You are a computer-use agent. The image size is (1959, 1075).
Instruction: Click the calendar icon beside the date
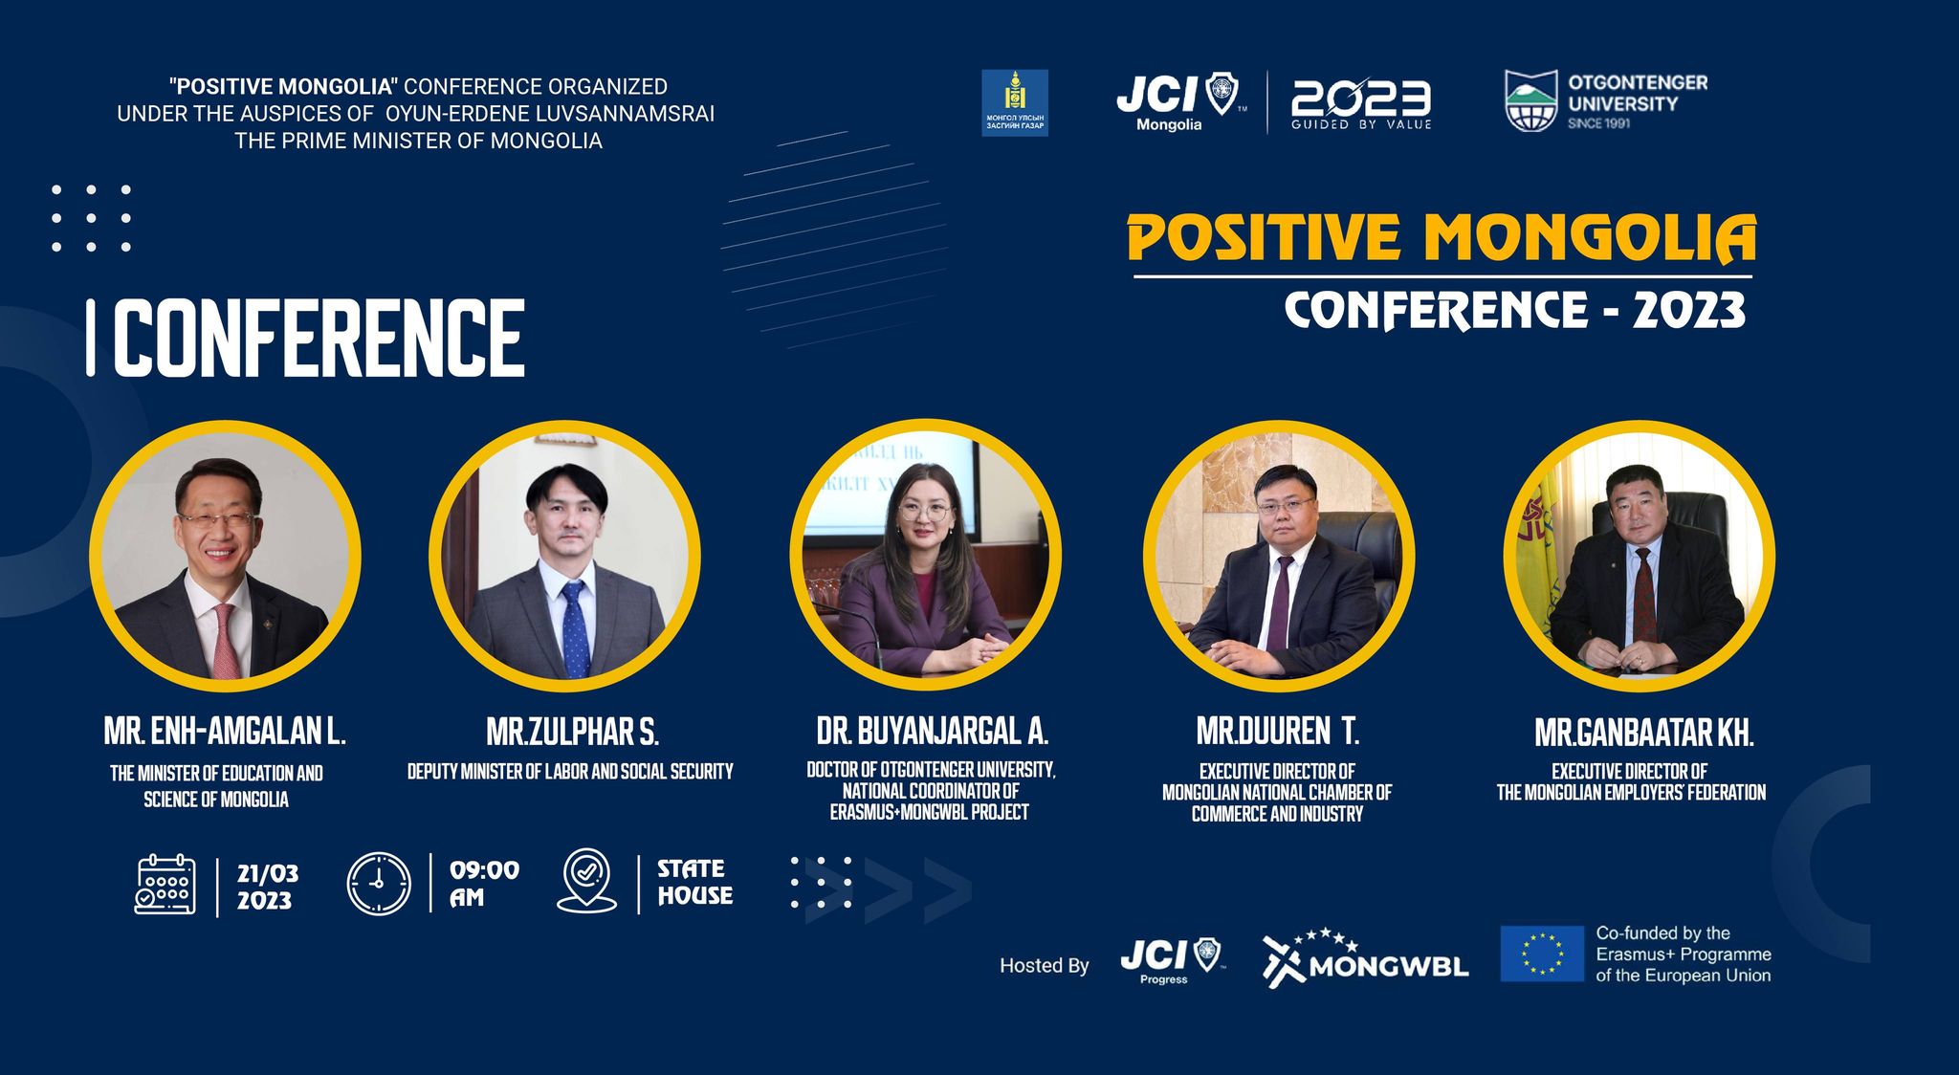click(x=165, y=885)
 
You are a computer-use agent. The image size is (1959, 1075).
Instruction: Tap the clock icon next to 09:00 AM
click(x=379, y=884)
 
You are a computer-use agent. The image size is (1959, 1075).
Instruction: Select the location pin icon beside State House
click(x=586, y=881)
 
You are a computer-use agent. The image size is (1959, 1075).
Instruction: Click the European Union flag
click(x=1542, y=954)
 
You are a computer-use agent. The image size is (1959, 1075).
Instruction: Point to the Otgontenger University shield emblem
click(x=1531, y=100)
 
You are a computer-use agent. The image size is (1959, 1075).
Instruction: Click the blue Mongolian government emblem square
click(x=1015, y=102)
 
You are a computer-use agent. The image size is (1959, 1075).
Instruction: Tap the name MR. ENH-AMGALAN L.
click(x=225, y=732)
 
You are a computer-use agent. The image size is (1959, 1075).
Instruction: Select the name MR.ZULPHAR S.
click(x=572, y=733)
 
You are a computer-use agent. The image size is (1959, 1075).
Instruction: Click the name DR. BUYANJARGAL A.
click(x=933, y=732)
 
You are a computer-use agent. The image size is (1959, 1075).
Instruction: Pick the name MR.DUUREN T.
click(x=1278, y=732)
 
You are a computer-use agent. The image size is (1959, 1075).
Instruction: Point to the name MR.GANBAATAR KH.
click(x=1644, y=734)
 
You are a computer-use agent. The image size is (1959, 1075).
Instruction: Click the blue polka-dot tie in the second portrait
click(x=574, y=627)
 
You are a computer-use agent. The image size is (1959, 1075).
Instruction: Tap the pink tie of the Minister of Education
click(x=226, y=641)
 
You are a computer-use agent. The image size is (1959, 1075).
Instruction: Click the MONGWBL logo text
click(x=1388, y=967)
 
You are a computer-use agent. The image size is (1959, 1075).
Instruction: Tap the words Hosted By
click(x=1045, y=966)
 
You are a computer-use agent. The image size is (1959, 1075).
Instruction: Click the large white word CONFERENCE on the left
click(x=319, y=338)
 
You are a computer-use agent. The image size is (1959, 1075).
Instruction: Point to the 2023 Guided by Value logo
click(x=1361, y=103)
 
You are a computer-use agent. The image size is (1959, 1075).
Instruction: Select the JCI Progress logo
click(x=1172, y=960)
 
